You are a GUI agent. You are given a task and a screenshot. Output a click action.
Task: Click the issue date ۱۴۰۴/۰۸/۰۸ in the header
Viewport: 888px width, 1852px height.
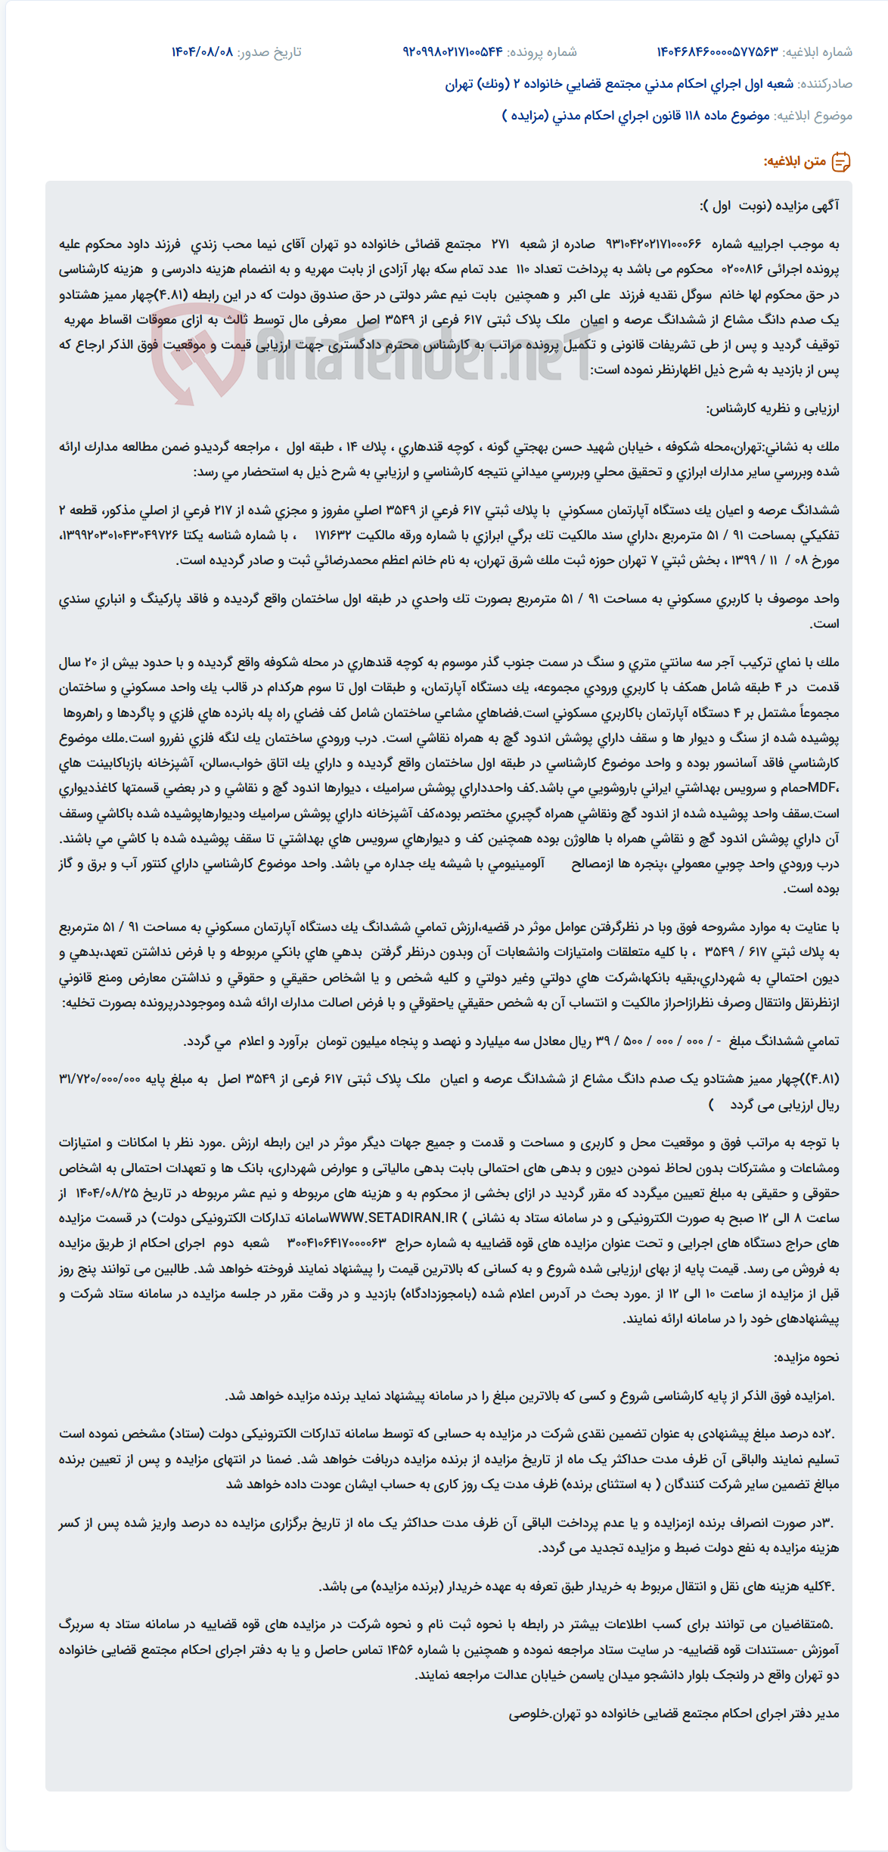pos(202,52)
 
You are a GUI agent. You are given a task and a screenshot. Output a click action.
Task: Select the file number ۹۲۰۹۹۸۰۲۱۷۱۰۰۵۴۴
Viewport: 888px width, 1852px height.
pos(452,52)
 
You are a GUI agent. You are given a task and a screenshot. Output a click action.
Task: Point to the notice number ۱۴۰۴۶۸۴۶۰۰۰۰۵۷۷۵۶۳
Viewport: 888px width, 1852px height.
pos(717,52)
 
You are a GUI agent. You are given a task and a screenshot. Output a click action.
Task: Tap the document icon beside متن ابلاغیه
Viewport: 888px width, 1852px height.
pos(841,162)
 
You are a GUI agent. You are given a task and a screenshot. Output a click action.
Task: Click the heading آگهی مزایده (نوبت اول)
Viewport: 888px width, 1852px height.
pos(769,206)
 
